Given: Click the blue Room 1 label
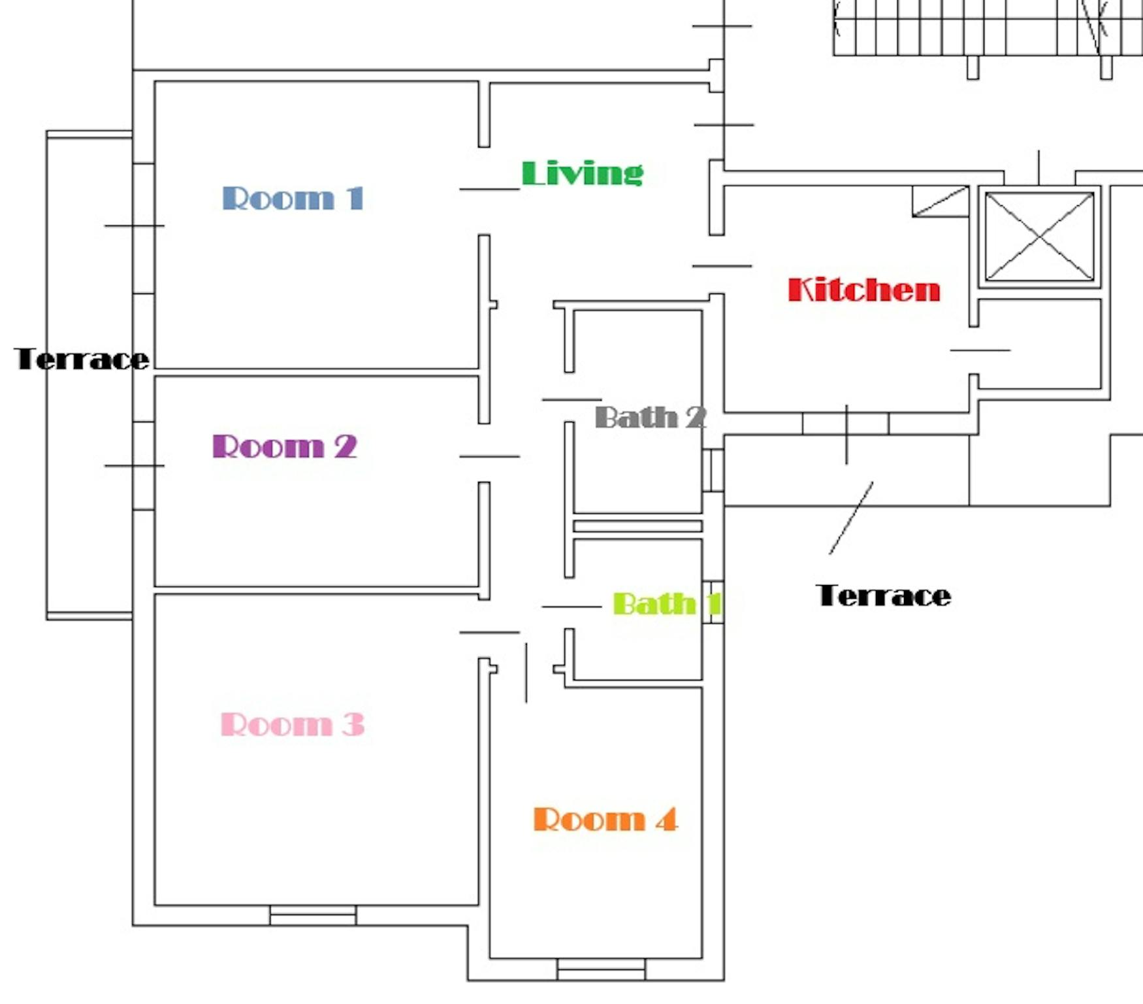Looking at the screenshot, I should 292,198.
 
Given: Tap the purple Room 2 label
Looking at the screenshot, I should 285,446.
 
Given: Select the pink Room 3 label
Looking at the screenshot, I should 292,724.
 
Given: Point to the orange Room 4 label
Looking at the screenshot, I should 605,819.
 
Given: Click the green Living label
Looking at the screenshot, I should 582,173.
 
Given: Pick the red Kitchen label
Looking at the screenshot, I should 863,290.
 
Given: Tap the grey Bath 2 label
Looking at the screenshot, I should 651,417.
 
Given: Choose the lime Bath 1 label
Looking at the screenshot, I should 667,603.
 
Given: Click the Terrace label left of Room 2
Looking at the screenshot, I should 82,359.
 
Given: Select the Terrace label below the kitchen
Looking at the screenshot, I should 883,595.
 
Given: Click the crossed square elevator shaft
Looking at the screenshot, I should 1039,236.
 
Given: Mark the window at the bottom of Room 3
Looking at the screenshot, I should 313,915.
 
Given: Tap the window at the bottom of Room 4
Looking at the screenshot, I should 601,969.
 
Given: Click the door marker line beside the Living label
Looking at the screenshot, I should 489,189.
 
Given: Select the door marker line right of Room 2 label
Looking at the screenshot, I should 489,456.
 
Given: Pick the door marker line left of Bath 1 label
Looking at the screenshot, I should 571,607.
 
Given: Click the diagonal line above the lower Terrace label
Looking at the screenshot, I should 851,518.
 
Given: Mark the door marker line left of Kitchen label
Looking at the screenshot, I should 722,266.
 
